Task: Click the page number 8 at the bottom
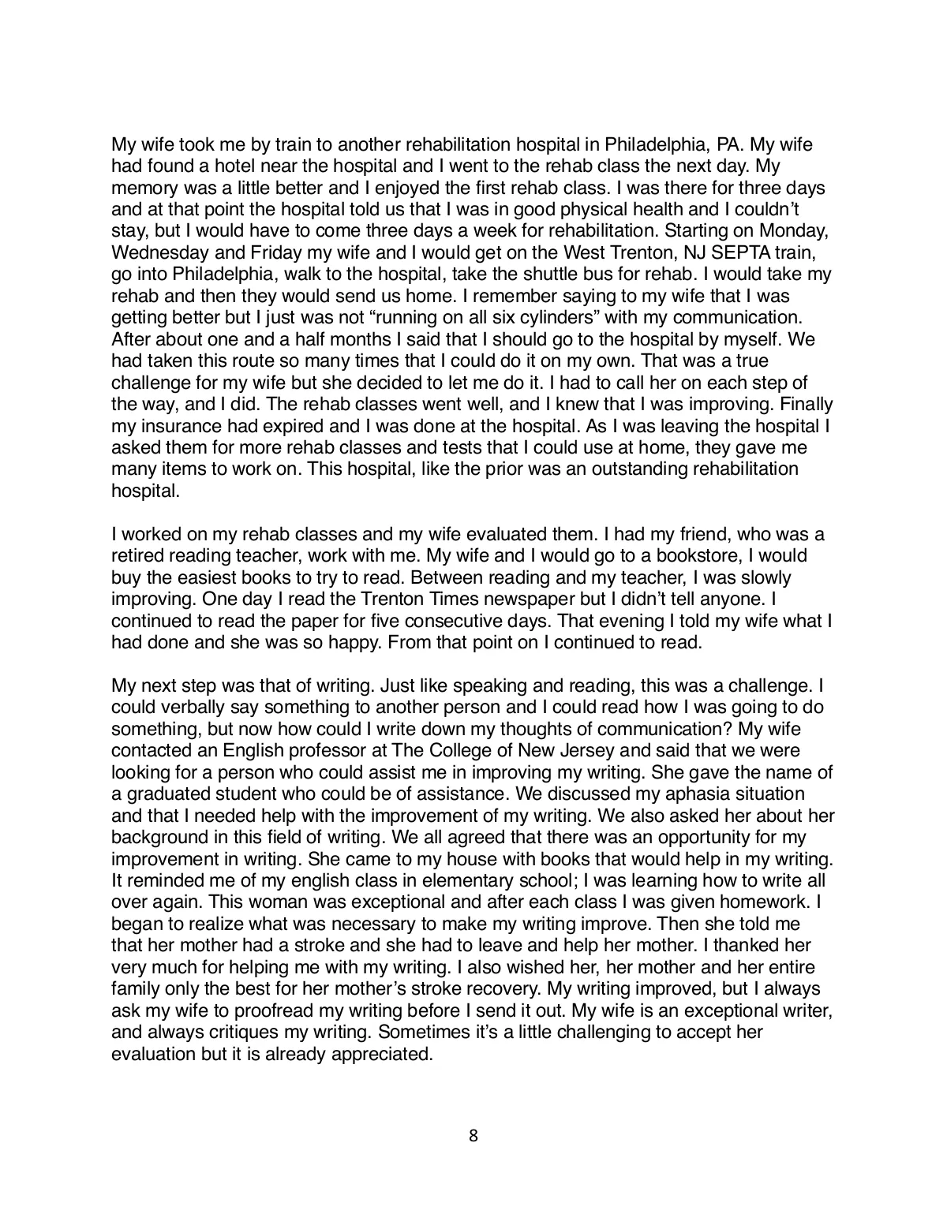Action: click(473, 1136)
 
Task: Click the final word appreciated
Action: click(376, 1053)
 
